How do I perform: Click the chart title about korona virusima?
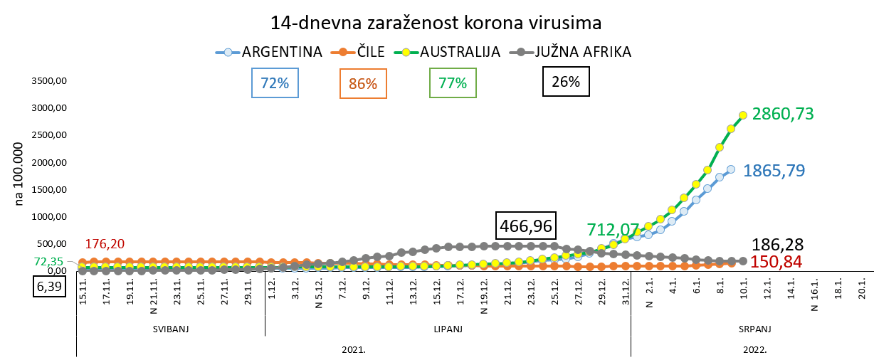point(436,22)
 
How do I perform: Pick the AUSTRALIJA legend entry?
point(451,52)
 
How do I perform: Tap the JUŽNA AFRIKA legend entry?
point(572,52)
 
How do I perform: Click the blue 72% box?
point(275,83)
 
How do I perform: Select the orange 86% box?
point(363,84)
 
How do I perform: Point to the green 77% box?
point(453,83)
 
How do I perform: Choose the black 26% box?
point(566,82)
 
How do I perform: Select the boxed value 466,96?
point(527,226)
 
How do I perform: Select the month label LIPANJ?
point(448,329)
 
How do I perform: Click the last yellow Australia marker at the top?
point(742,115)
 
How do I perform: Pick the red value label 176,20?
point(105,244)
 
